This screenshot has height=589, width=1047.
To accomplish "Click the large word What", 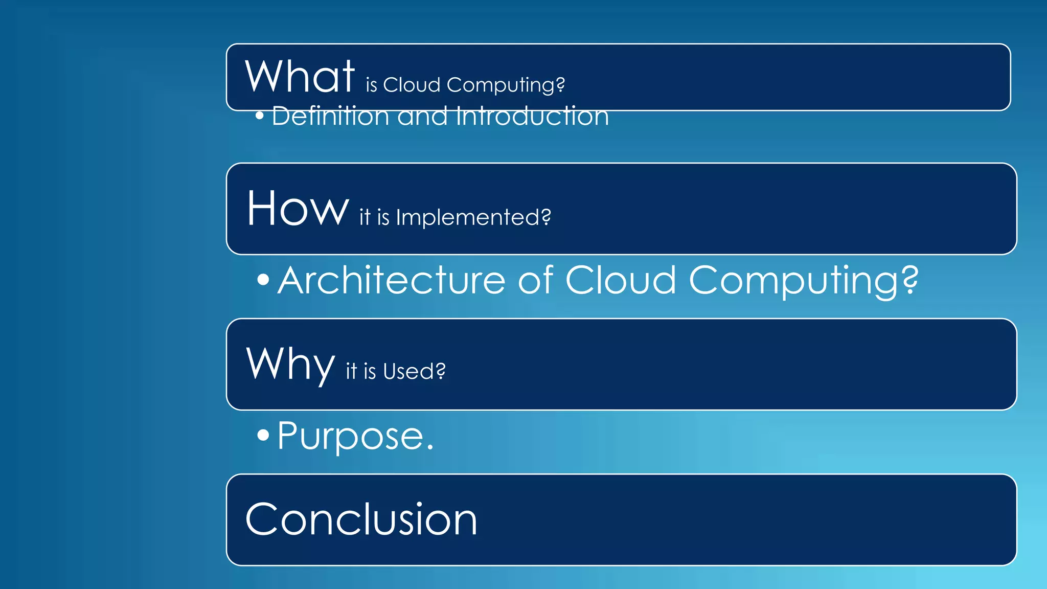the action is coord(300,76).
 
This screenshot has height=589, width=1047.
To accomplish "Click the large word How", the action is coord(298,208).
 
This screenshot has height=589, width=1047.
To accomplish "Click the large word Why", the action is coord(290,364).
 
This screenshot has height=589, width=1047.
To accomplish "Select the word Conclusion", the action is coord(361,519).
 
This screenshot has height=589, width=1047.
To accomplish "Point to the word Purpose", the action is coord(351,436).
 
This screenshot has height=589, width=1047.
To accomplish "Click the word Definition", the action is coord(330,116).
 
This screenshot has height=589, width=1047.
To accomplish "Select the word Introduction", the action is coord(532,116).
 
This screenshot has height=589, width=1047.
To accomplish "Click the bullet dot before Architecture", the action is coord(263,280).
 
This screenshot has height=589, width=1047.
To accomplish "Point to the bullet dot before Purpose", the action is coord(263,435).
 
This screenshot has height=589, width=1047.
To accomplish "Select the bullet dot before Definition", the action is coord(260,116).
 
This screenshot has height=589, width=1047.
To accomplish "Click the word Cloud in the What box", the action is coord(412,85).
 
